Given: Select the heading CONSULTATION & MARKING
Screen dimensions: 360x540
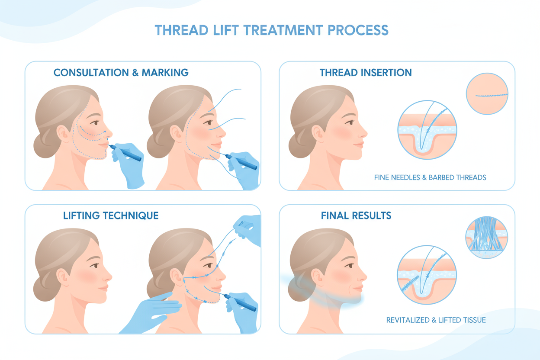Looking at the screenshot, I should coord(121,72).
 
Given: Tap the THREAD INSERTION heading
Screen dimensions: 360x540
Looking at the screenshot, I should coord(366,72).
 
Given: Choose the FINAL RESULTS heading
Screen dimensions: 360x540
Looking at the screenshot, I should coord(356,215).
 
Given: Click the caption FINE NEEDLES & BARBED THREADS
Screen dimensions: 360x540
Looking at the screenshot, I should coord(430,177).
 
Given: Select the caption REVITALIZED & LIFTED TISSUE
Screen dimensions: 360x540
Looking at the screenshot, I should coord(436,320).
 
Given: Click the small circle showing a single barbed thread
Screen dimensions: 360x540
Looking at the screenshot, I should coord(487,94).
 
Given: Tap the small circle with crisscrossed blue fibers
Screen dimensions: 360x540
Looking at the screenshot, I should coord(487,238).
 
